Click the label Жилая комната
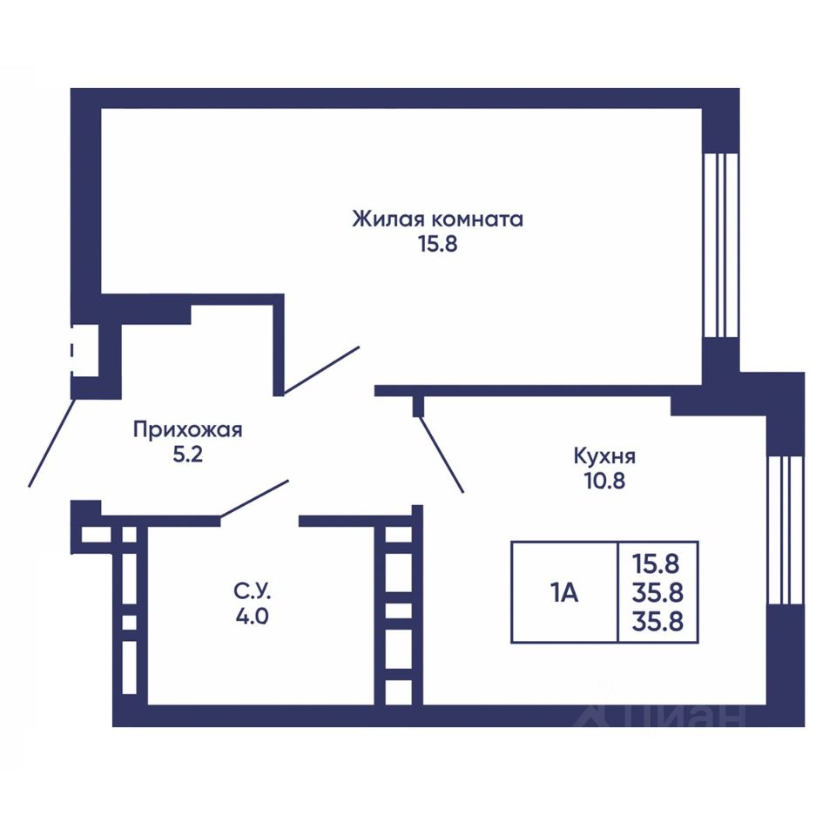(437, 219)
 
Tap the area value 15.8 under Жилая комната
(438, 244)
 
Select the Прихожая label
(188, 429)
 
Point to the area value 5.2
(188, 455)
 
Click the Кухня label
(604, 456)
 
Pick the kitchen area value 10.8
(605, 481)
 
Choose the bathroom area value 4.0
(252, 617)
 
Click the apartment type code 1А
(564, 592)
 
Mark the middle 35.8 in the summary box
(658, 592)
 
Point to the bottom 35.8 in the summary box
(658, 622)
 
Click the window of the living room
(720, 246)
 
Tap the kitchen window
(785, 529)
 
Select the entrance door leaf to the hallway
(51, 442)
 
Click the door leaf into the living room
(321, 369)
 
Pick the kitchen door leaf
(441, 455)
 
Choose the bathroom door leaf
(254, 498)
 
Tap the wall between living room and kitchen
(538, 391)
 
